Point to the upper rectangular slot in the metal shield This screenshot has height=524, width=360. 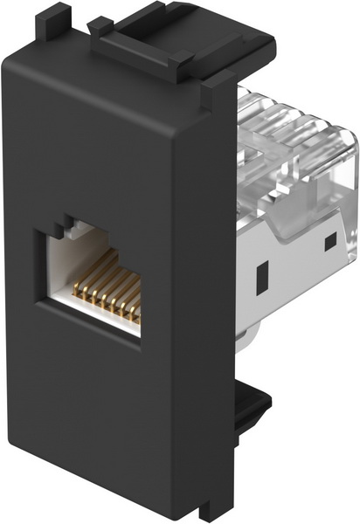coord(329,239)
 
